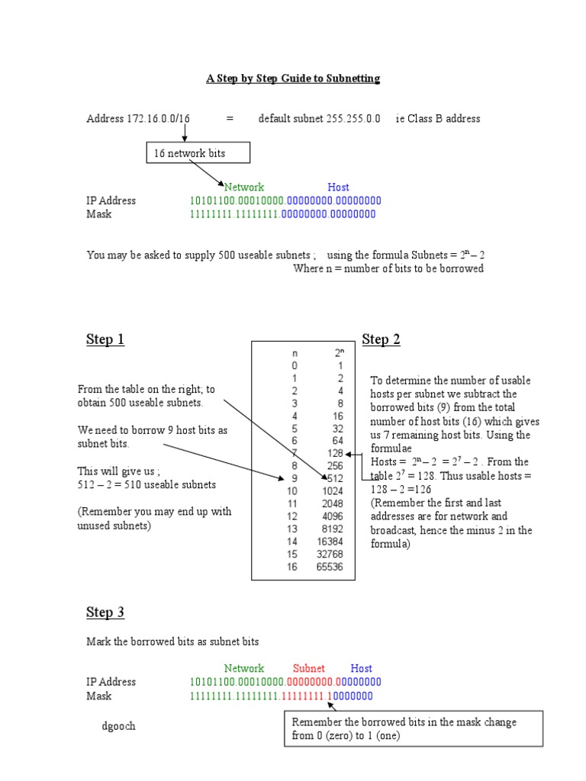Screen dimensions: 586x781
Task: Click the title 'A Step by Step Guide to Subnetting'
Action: click(x=292, y=79)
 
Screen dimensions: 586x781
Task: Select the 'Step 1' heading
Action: click(x=105, y=339)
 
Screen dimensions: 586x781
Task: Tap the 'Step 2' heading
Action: click(x=381, y=339)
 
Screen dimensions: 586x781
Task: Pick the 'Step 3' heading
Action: click(x=105, y=612)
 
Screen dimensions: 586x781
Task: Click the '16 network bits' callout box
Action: click(x=197, y=153)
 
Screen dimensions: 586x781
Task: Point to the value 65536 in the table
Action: click(x=330, y=567)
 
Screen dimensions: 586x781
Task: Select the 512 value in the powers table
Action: click(x=335, y=478)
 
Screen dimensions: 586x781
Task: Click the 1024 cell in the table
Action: click(x=333, y=490)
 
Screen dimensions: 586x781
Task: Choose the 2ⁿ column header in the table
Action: click(x=340, y=353)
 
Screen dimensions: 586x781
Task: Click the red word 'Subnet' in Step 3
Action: click(x=309, y=668)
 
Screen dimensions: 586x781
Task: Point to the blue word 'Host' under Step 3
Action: click(x=361, y=668)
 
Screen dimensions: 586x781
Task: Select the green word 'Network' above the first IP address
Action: click(x=243, y=187)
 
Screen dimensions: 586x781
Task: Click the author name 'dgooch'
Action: click(x=118, y=726)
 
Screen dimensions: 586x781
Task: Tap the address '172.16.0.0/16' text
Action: click(x=159, y=119)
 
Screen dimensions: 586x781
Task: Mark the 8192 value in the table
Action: click(x=332, y=529)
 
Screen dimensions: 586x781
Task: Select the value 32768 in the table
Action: click(x=330, y=554)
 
